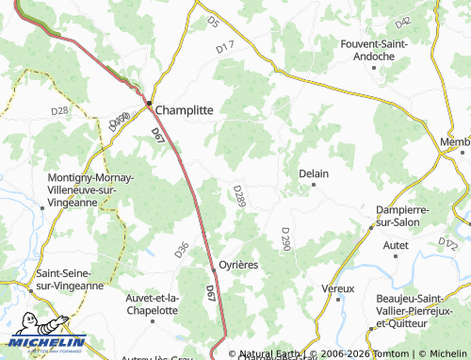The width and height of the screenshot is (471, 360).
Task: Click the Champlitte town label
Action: tap(184, 109)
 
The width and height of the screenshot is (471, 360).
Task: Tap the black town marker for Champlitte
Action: tap(149, 103)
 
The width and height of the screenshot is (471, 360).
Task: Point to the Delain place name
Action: tap(313, 173)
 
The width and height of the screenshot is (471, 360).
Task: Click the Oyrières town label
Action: tap(238, 265)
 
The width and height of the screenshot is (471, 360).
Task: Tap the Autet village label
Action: tap(397, 245)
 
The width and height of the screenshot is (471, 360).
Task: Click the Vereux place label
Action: tap(337, 287)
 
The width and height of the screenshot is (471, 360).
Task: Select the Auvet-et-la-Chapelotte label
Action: tap(152, 303)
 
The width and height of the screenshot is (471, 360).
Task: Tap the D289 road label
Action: tap(239, 197)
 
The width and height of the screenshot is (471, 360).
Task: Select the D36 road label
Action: tap(182, 250)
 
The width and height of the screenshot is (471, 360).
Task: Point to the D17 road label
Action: tap(224, 46)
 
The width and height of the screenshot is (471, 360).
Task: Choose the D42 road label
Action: tap(404, 21)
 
